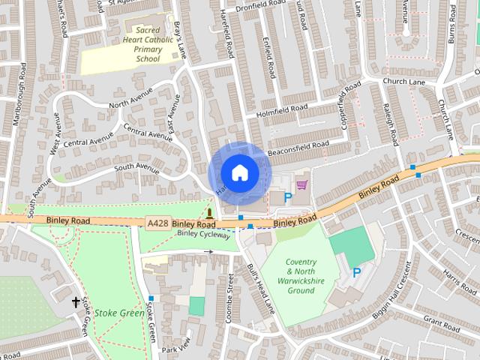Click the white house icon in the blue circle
click(239, 172)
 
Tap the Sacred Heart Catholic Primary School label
click(138, 43)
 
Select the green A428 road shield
click(158, 223)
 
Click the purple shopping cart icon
click(301, 184)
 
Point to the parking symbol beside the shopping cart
click(287, 197)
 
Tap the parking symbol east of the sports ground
click(357, 273)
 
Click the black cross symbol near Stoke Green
click(75, 302)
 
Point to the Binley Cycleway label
click(202, 235)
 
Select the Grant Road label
click(442, 325)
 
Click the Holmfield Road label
click(281, 109)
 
